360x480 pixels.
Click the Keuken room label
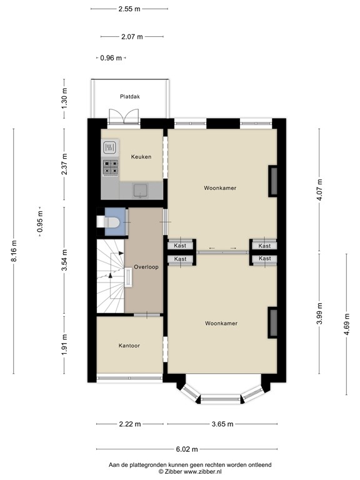pyautogui.click(x=141, y=157)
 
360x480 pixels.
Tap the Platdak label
pyautogui.click(x=130, y=96)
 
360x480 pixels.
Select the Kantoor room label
pyautogui.click(x=130, y=345)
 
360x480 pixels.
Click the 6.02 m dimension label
pyautogui.click(x=186, y=449)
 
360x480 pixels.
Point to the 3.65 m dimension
pyautogui.click(x=221, y=424)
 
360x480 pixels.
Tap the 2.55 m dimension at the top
pyautogui.click(x=129, y=9)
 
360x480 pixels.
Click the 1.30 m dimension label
pyautogui.click(x=64, y=98)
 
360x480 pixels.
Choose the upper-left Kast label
pyautogui.click(x=180, y=246)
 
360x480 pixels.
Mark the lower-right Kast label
pyautogui.click(x=264, y=258)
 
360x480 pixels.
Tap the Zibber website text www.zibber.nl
pyautogui.click(x=197, y=472)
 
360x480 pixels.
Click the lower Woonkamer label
pyautogui.click(x=221, y=323)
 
